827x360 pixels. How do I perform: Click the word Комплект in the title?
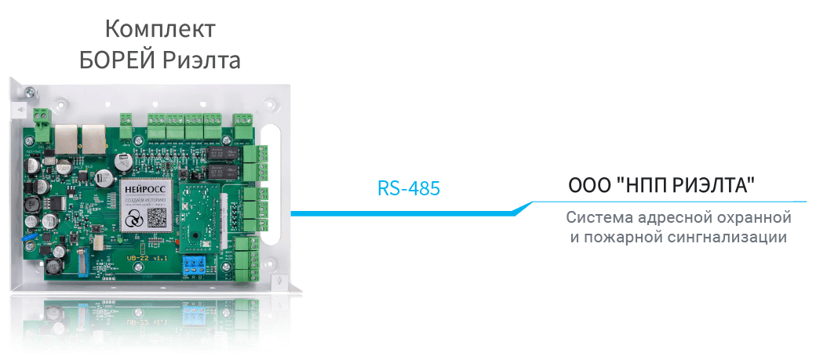point(160,30)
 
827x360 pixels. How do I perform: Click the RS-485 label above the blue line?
point(408,188)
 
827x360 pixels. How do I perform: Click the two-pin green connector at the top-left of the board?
point(42,114)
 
